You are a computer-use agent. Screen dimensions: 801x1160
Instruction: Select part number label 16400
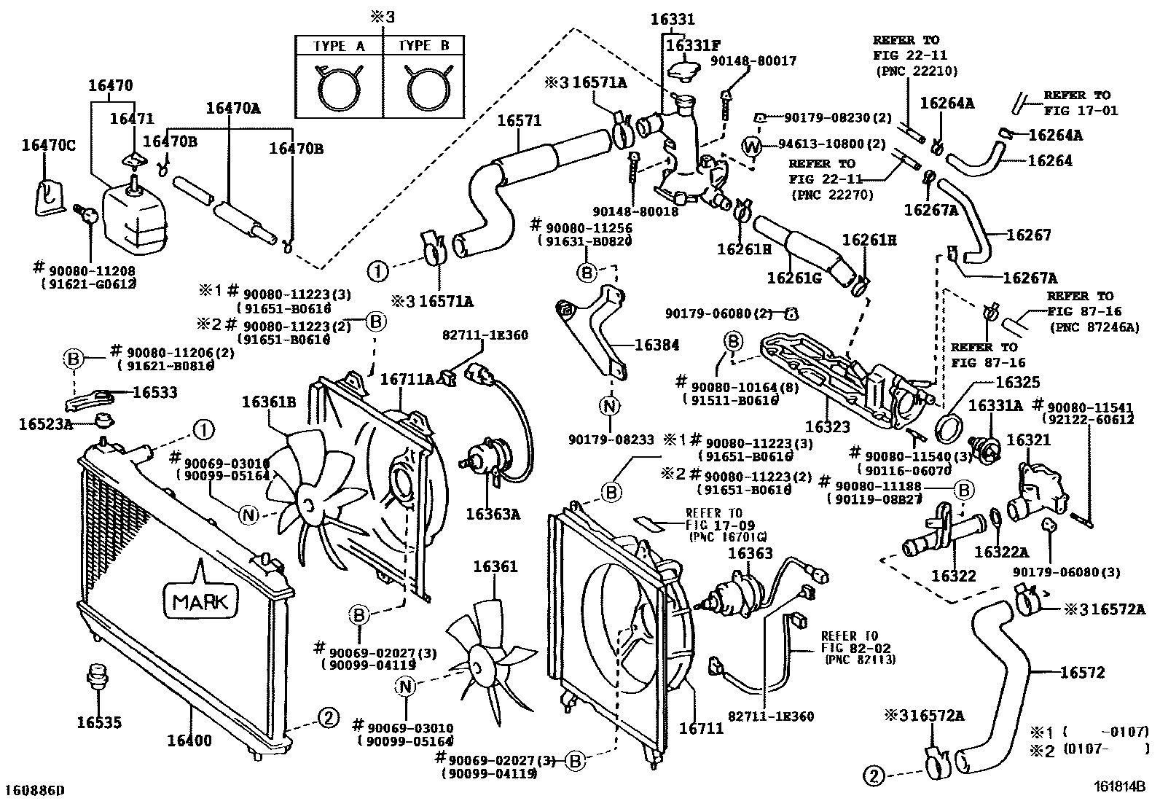[189, 741]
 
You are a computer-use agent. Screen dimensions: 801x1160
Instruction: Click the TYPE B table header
[423, 45]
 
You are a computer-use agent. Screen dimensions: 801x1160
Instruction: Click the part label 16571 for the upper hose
[520, 120]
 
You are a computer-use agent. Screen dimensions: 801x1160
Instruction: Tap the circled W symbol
[752, 147]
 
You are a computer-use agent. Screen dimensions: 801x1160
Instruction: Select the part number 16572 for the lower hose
[1082, 672]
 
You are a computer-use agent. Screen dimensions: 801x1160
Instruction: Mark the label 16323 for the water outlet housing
[827, 426]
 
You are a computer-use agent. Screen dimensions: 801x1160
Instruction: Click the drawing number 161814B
[1119, 787]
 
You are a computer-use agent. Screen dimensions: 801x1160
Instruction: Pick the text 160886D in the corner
[35, 790]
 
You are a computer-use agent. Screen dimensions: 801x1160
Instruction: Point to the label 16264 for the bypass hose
[1050, 160]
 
